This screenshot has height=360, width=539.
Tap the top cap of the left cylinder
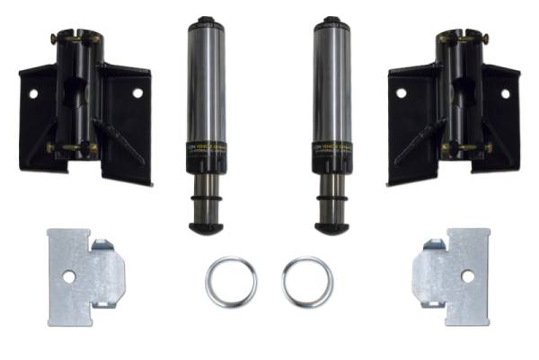pos(206,19)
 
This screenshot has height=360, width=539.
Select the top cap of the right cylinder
pos(332,19)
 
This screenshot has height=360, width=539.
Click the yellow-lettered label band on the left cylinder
pos(206,149)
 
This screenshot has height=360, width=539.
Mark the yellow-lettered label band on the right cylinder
pos(332,149)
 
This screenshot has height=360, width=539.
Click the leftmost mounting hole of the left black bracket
pos(33,92)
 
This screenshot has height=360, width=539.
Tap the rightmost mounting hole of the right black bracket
pos(505,92)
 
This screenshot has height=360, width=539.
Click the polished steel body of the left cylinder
pos(206,81)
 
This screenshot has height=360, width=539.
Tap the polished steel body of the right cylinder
pos(332,81)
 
